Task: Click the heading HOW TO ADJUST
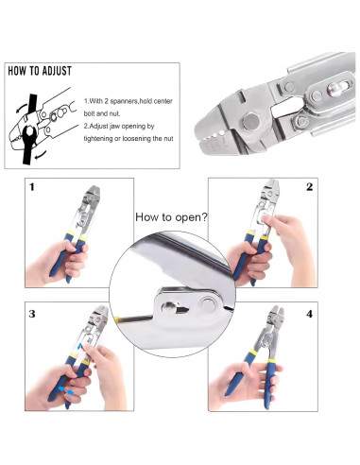40,71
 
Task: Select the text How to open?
171,217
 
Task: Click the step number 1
32,187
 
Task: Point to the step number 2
310,187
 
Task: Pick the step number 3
32,314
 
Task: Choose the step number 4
310,314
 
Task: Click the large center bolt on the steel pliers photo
250,121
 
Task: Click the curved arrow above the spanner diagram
21,109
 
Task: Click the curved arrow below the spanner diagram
41,154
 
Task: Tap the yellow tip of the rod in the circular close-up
116,320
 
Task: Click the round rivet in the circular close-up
208,304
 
